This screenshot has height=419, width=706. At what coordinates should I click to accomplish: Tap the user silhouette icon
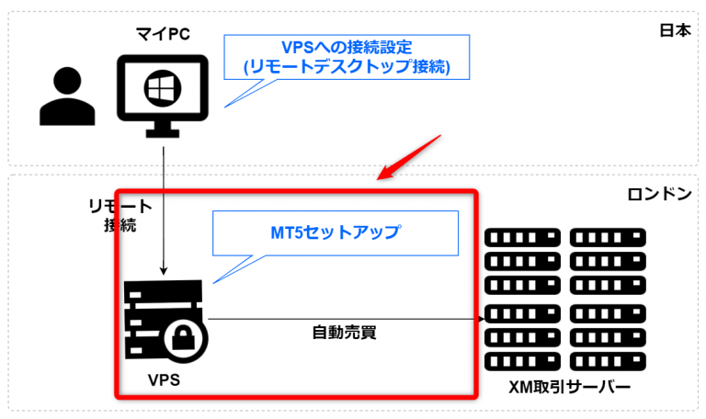pos(68,99)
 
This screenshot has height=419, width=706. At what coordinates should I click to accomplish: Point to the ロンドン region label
pos(659,196)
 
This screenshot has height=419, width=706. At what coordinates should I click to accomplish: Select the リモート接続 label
pos(119,214)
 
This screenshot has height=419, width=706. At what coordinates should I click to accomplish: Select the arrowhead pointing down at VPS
pos(164,270)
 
